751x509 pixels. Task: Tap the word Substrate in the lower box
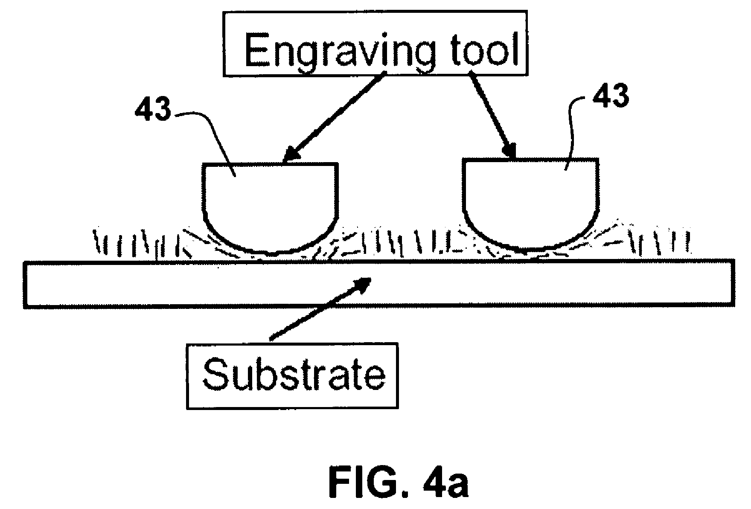coord(294,375)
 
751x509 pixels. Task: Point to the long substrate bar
coord(379,283)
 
